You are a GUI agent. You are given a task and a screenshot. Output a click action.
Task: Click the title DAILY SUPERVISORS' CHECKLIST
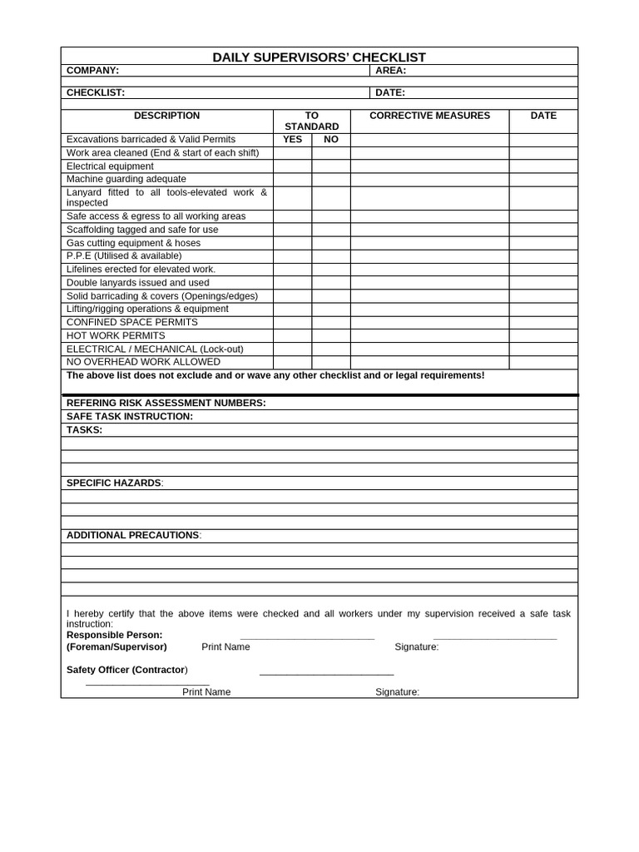click(x=319, y=57)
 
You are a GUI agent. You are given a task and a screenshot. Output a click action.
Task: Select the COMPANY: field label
click(x=92, y=71)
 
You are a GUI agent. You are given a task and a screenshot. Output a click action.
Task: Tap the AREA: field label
click(x=390, y=71)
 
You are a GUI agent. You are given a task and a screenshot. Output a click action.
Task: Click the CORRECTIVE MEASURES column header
click(x=429, y=116)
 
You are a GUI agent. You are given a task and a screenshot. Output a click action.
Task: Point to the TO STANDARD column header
click(x=311, y=121)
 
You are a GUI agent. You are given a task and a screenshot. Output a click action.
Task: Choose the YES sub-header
click(x=292, y=140)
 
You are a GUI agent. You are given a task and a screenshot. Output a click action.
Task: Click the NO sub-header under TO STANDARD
click(x=331, y=140)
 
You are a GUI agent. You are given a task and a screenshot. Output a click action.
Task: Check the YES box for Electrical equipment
click(x=292, y=166)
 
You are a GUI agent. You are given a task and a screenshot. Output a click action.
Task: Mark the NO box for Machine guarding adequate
click(x=331, y=179)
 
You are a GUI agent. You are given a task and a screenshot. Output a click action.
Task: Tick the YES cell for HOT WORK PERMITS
click(x=292, y=335)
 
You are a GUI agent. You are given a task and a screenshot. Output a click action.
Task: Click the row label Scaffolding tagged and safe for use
click(x=142, y=230)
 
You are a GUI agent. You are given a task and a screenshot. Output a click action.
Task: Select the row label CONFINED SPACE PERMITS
click(x=132, y=322)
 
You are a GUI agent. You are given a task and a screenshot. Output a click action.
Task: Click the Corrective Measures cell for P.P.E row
click(x=429, y=256)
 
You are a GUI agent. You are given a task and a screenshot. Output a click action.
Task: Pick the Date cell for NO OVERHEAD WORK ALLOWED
click(x=543, y=362)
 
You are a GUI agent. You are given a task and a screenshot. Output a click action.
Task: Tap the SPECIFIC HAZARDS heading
click(x=115, y=483)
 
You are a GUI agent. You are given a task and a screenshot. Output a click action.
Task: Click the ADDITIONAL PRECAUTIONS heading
click(x=133, y=535)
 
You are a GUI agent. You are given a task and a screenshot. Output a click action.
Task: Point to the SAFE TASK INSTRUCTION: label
click(x=130, y=416)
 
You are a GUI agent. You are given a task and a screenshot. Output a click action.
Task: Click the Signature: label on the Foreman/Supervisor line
click(x=416, y=646)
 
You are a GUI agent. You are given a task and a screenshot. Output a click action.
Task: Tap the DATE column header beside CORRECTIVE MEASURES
click(x=543, y=116)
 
